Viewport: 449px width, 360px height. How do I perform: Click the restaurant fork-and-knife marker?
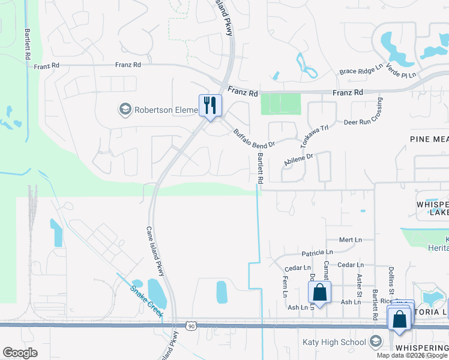[210, 106]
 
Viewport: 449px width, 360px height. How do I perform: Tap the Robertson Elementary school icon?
[125, 110]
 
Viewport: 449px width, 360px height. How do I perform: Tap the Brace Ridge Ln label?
[361, 71]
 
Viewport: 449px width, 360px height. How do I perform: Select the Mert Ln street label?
[351, 239]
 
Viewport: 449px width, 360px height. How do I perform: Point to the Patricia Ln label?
[317, 253]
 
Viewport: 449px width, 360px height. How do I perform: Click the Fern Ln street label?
[285, 286]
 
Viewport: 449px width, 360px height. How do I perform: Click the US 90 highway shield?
[191, 326]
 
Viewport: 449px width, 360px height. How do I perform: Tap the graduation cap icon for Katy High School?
[376, 342]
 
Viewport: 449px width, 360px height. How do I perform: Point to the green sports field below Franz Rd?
[280, 104]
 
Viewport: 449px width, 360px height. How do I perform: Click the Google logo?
[20, 353]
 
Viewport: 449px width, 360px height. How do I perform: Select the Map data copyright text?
[412, 355]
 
